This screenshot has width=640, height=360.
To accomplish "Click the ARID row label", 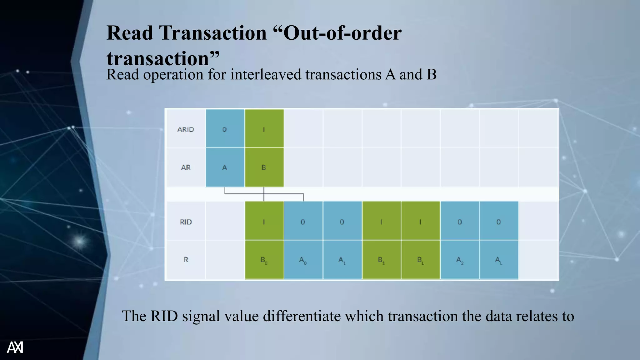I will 186,129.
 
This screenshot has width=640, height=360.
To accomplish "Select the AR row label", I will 186,167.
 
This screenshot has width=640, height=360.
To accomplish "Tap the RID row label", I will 186,222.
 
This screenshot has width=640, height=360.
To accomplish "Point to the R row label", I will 186,260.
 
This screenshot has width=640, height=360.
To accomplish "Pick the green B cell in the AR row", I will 264,167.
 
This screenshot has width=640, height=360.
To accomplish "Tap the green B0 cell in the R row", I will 264,260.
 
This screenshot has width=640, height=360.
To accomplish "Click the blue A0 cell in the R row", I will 303,260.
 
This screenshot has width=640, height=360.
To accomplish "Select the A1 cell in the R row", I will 342,260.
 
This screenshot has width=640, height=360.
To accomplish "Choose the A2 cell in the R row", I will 460,260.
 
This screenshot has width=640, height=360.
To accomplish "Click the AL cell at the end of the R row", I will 499,260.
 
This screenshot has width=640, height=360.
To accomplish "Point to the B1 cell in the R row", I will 381,260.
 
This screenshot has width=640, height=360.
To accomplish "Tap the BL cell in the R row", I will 421,260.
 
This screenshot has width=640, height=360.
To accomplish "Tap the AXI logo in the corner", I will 15,347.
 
